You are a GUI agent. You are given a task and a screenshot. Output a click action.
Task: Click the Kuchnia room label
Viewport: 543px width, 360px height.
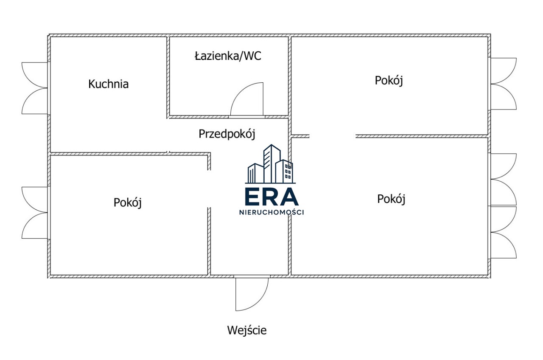click(108, 84)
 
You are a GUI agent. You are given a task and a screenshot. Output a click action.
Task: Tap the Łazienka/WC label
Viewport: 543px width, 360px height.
click(228, 56)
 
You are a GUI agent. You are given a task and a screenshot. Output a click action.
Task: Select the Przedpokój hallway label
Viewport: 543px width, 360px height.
click(227, 134)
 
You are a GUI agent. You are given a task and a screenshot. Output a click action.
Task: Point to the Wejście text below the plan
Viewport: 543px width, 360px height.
click(247, 330)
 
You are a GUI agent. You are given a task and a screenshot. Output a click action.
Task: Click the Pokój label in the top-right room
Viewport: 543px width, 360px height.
click(389, 80)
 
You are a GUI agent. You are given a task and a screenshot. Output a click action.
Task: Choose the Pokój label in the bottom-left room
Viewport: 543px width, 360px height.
click(127, 202)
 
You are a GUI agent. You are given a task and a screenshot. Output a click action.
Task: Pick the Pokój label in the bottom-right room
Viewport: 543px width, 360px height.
click(391, 199)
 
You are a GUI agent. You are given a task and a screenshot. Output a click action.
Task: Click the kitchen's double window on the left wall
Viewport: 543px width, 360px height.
click(35, 88)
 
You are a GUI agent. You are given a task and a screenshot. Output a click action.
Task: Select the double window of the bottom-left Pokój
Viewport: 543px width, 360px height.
click(35, 213)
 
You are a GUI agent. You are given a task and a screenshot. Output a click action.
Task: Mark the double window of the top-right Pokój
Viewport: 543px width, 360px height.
click(504, 84)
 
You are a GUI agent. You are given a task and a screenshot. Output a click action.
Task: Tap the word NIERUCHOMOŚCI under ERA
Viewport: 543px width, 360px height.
click(271, 213)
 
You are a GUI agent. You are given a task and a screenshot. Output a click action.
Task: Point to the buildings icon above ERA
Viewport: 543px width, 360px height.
click(270, 163)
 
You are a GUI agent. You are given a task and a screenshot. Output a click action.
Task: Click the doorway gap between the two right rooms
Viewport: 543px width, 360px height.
click(332, 136)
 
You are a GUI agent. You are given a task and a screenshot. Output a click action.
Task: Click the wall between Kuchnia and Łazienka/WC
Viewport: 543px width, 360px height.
click(168, 76)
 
